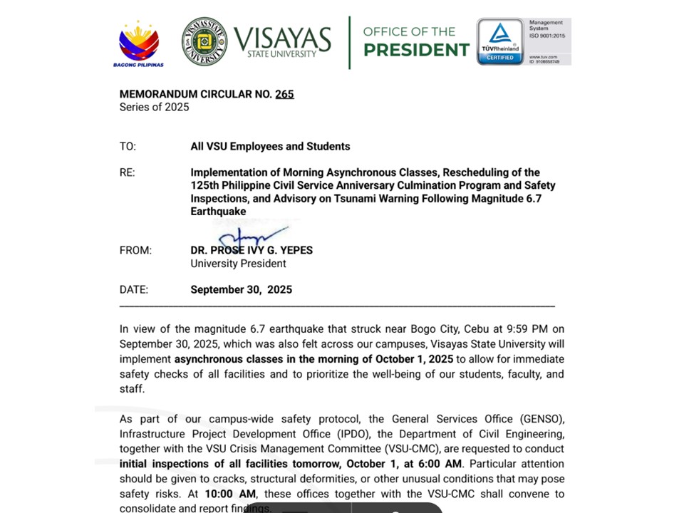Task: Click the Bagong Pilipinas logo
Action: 139,43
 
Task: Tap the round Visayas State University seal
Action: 204,41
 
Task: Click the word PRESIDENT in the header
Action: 416,50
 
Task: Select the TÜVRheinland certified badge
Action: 499,41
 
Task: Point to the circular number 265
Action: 284,94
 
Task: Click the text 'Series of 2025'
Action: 154,107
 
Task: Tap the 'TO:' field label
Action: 128,146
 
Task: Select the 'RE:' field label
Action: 127,172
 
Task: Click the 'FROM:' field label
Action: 135,250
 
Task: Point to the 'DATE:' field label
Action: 134,289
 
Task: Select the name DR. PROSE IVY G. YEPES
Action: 252,250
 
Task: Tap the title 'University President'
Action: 238,264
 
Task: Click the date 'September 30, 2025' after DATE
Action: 241,289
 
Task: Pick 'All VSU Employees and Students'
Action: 270,146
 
